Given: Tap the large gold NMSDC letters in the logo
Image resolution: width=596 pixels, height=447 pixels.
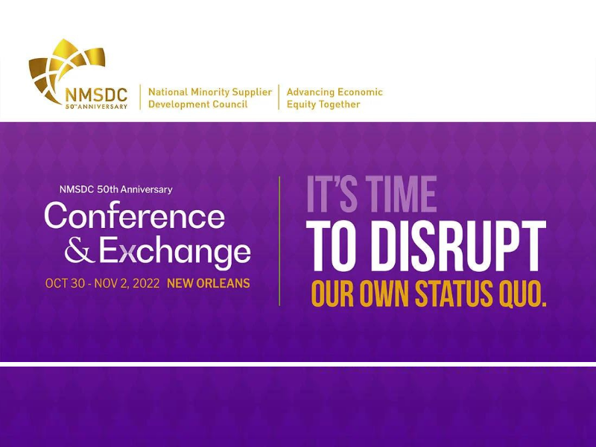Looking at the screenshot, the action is click(x=96, y=95).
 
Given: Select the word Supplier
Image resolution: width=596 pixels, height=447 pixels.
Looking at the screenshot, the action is click(x=252, y=92).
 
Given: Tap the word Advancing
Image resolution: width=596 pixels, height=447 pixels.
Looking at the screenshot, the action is click(x=311, y=92).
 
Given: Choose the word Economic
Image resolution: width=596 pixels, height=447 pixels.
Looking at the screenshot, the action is click(x=360, y=92).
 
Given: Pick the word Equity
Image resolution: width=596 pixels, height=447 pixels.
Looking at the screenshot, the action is click(x=302, y=104).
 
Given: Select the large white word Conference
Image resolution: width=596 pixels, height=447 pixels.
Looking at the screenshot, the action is click(x=135, y=215).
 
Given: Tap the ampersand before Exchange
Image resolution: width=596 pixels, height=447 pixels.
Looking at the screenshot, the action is click(x=80, y=250).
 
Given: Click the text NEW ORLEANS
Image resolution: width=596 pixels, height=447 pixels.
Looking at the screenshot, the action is click(x=209, y=283).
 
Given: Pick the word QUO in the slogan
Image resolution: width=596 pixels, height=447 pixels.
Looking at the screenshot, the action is click(x=522, y=294).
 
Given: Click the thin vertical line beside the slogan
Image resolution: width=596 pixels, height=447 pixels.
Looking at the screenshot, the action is click(x=280, y=241).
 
